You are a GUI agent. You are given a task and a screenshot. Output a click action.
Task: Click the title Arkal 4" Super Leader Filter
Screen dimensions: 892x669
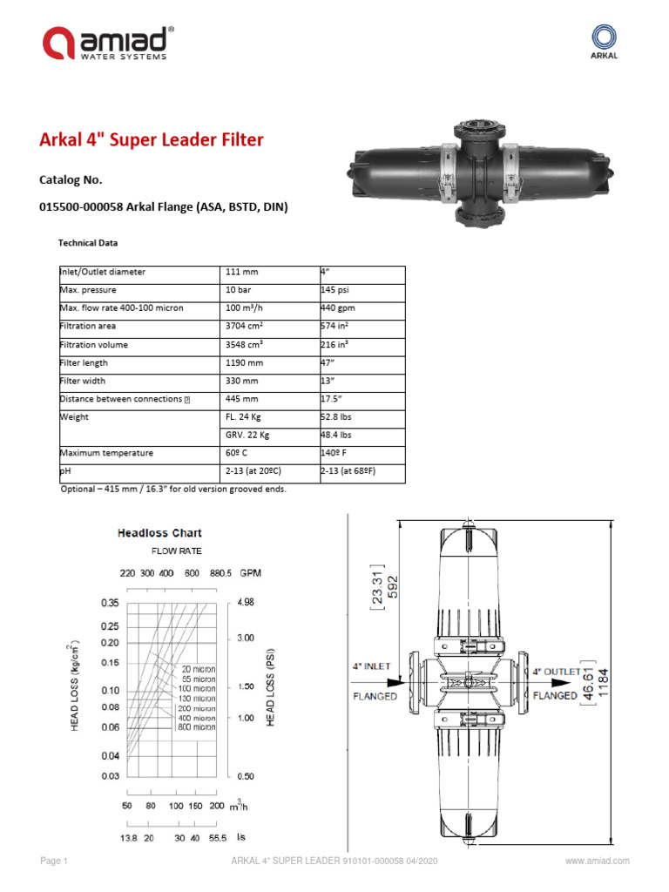click(x=152, y=140)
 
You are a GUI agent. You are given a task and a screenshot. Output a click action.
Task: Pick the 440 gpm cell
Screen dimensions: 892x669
click(x=337, y=308)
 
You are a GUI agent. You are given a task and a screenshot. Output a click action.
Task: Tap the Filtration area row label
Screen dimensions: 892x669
click(x=93, y=327)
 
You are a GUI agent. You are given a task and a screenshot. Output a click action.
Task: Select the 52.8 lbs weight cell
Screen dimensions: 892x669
click(x=338, y=417)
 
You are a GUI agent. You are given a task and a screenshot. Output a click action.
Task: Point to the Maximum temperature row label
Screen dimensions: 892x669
click(x=106, y=453)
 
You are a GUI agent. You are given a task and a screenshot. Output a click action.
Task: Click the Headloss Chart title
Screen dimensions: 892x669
click(x=159, y=533)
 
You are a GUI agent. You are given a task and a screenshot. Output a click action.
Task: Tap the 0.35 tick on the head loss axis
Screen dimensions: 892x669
click(x=109, y=603)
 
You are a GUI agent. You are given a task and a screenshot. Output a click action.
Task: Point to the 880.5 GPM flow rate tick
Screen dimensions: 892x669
click(x=222, y=573)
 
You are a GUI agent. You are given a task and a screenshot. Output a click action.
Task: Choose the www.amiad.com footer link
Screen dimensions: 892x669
click(x=597, y=862)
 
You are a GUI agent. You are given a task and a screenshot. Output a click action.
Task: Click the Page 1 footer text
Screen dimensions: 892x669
click(x=54, y=862)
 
